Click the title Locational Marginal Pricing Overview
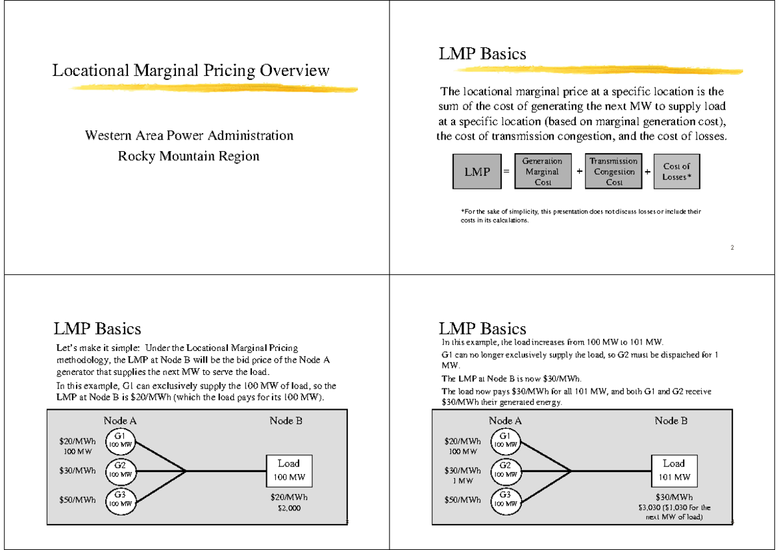[x=191, y=70]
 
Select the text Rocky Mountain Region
[x=188, y=156]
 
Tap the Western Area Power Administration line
[x=189, y=136]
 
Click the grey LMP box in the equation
[x=477, y=172]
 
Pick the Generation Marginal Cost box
[x=543, y=172]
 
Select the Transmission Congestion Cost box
[x=613, y=172]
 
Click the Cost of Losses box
[x=676, y=172]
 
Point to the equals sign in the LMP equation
[x=506, y=172]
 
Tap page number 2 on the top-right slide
[x=732, y=248]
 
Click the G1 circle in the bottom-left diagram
[x=119, y=440]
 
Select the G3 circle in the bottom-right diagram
[x=505, y=499]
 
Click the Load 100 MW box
[x=289, y=471]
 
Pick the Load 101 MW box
[x=674, y=471]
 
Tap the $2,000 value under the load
[x=289, y=508]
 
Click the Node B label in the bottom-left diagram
[x=286, y=421]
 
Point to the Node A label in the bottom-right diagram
[x=505, y=421]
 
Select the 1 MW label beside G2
[x=462, y=481]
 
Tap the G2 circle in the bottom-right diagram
[x=505, y=470]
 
